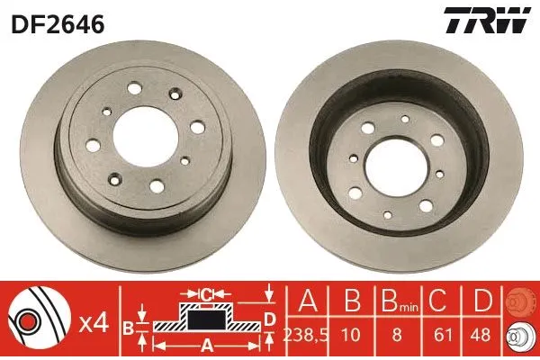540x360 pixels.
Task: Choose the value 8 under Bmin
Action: [395, 333]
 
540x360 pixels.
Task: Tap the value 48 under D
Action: [482, 333]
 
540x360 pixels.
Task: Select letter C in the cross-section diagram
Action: [206, 293]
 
